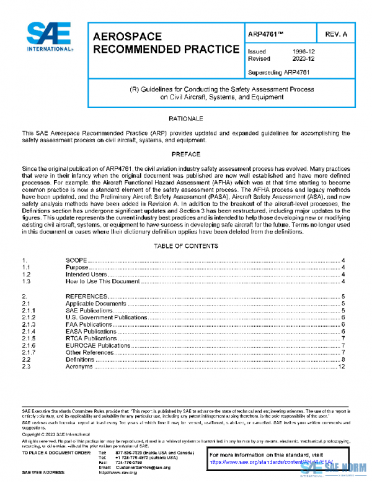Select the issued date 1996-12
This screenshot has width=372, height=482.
tap(303, 52)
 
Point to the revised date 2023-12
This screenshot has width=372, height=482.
tap(303, 59)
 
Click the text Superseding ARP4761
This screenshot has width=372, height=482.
tap(278, 72)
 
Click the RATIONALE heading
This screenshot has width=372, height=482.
tap(185, 118)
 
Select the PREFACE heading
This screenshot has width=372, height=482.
tap(185, 153)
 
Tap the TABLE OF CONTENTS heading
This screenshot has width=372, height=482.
tap(185, 246)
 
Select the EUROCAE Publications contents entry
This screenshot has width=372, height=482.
tap(98, 345)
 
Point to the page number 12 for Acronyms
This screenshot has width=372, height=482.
tap(341, 367)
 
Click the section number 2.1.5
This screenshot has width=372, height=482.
tap(29, 339)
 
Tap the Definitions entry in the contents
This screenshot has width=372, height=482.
tap(80, 360)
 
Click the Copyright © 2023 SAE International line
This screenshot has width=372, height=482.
tap(58, 434)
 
